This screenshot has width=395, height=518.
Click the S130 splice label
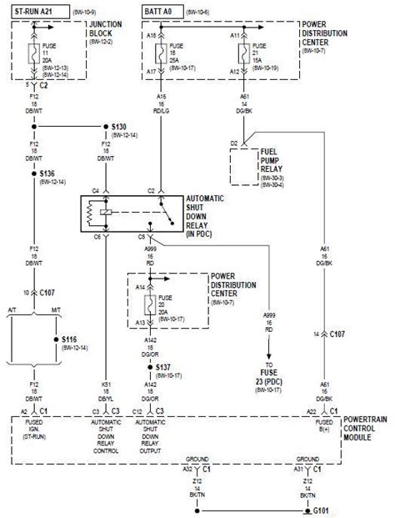122,127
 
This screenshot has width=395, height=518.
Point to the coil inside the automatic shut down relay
102,214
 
